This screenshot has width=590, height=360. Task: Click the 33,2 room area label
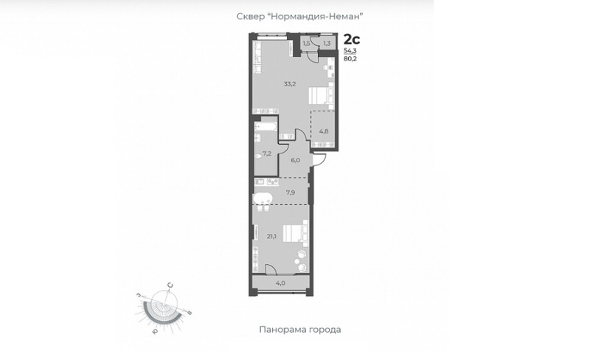pos(290,84)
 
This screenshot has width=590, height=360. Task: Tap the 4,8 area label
pos(324,131)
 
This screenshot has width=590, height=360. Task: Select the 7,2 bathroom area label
pos(267,153)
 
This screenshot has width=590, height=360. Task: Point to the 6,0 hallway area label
pos(296,160)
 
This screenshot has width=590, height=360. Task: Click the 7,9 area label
pos(290,193)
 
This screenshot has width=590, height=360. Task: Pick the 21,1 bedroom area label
pos(271,237)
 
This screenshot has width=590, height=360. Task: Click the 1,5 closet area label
pos(306,44)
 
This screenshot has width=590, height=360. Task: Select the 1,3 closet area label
pos(327,44)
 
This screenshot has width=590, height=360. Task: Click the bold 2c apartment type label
pos(352,39)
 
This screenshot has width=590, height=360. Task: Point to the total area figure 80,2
pos(350,58)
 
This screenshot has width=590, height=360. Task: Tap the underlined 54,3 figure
pos(350,51)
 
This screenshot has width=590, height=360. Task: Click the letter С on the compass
pos(170,285)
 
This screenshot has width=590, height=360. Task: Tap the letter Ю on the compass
pos(155,330)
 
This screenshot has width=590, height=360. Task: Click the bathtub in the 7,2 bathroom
pos(265,127)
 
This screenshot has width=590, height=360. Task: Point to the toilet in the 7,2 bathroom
pos(258,157)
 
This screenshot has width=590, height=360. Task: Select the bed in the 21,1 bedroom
pos(296,233)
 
